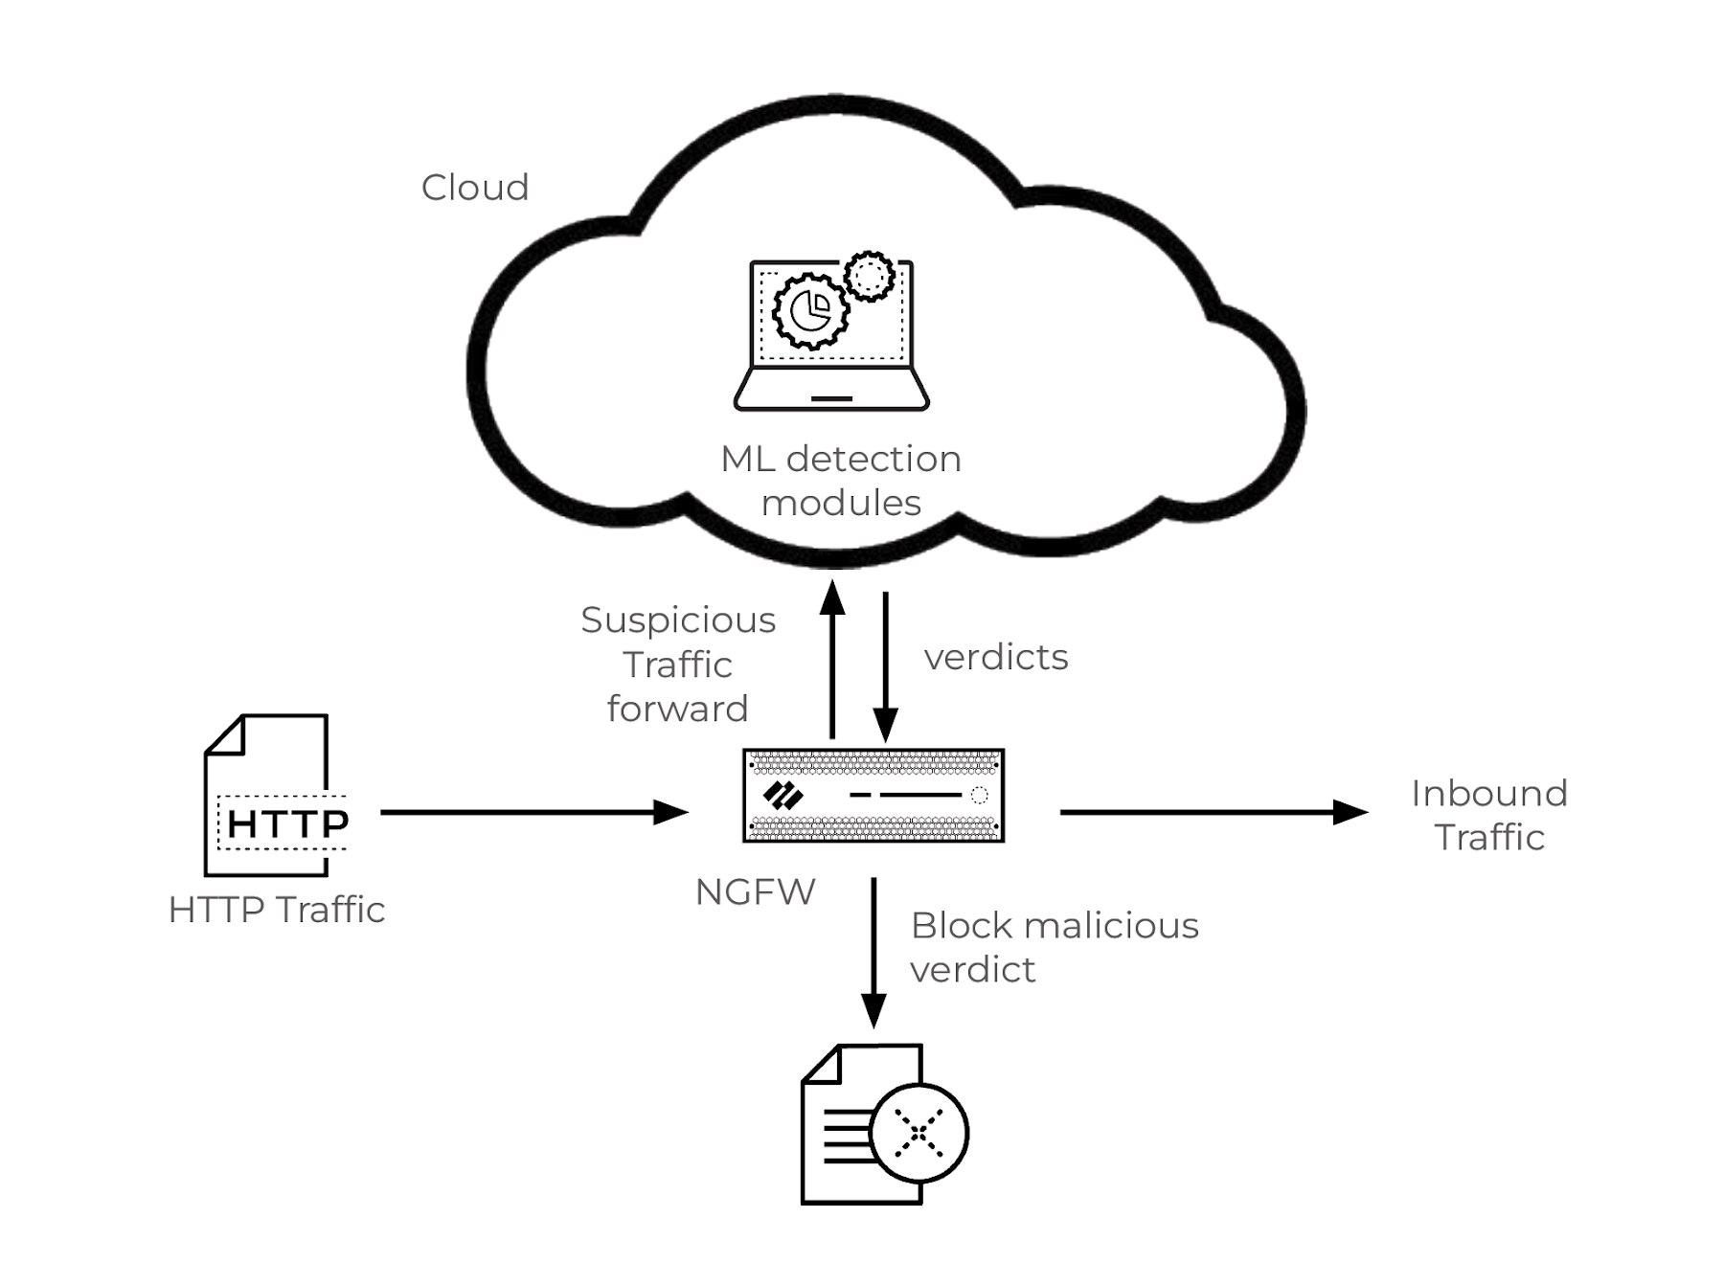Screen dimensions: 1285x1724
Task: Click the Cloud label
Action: [x=475, y=188]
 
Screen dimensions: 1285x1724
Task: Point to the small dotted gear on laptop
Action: [x=870, y=277]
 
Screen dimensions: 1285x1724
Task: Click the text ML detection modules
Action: [x=841, y=481]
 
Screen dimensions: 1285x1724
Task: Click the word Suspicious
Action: [x=678, y=620]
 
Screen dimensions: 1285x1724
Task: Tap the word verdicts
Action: [x=996, y=658]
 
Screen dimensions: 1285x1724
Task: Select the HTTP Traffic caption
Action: [x=277, y=910]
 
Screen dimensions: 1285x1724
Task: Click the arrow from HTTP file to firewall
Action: [x=533, y=813]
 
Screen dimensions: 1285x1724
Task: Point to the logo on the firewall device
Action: [x=783, y=796]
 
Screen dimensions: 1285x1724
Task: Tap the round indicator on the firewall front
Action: [x=979, y=795]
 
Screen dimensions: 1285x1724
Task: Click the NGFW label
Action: [x=756, y=892]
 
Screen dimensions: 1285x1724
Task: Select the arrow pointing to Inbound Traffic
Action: [x=1213, y=813]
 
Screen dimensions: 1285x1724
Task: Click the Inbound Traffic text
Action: [x=1489, y=815]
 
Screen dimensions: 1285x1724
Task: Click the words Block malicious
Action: [x=1055, y=926]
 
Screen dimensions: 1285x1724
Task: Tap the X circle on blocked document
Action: [x=919, y=1133]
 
